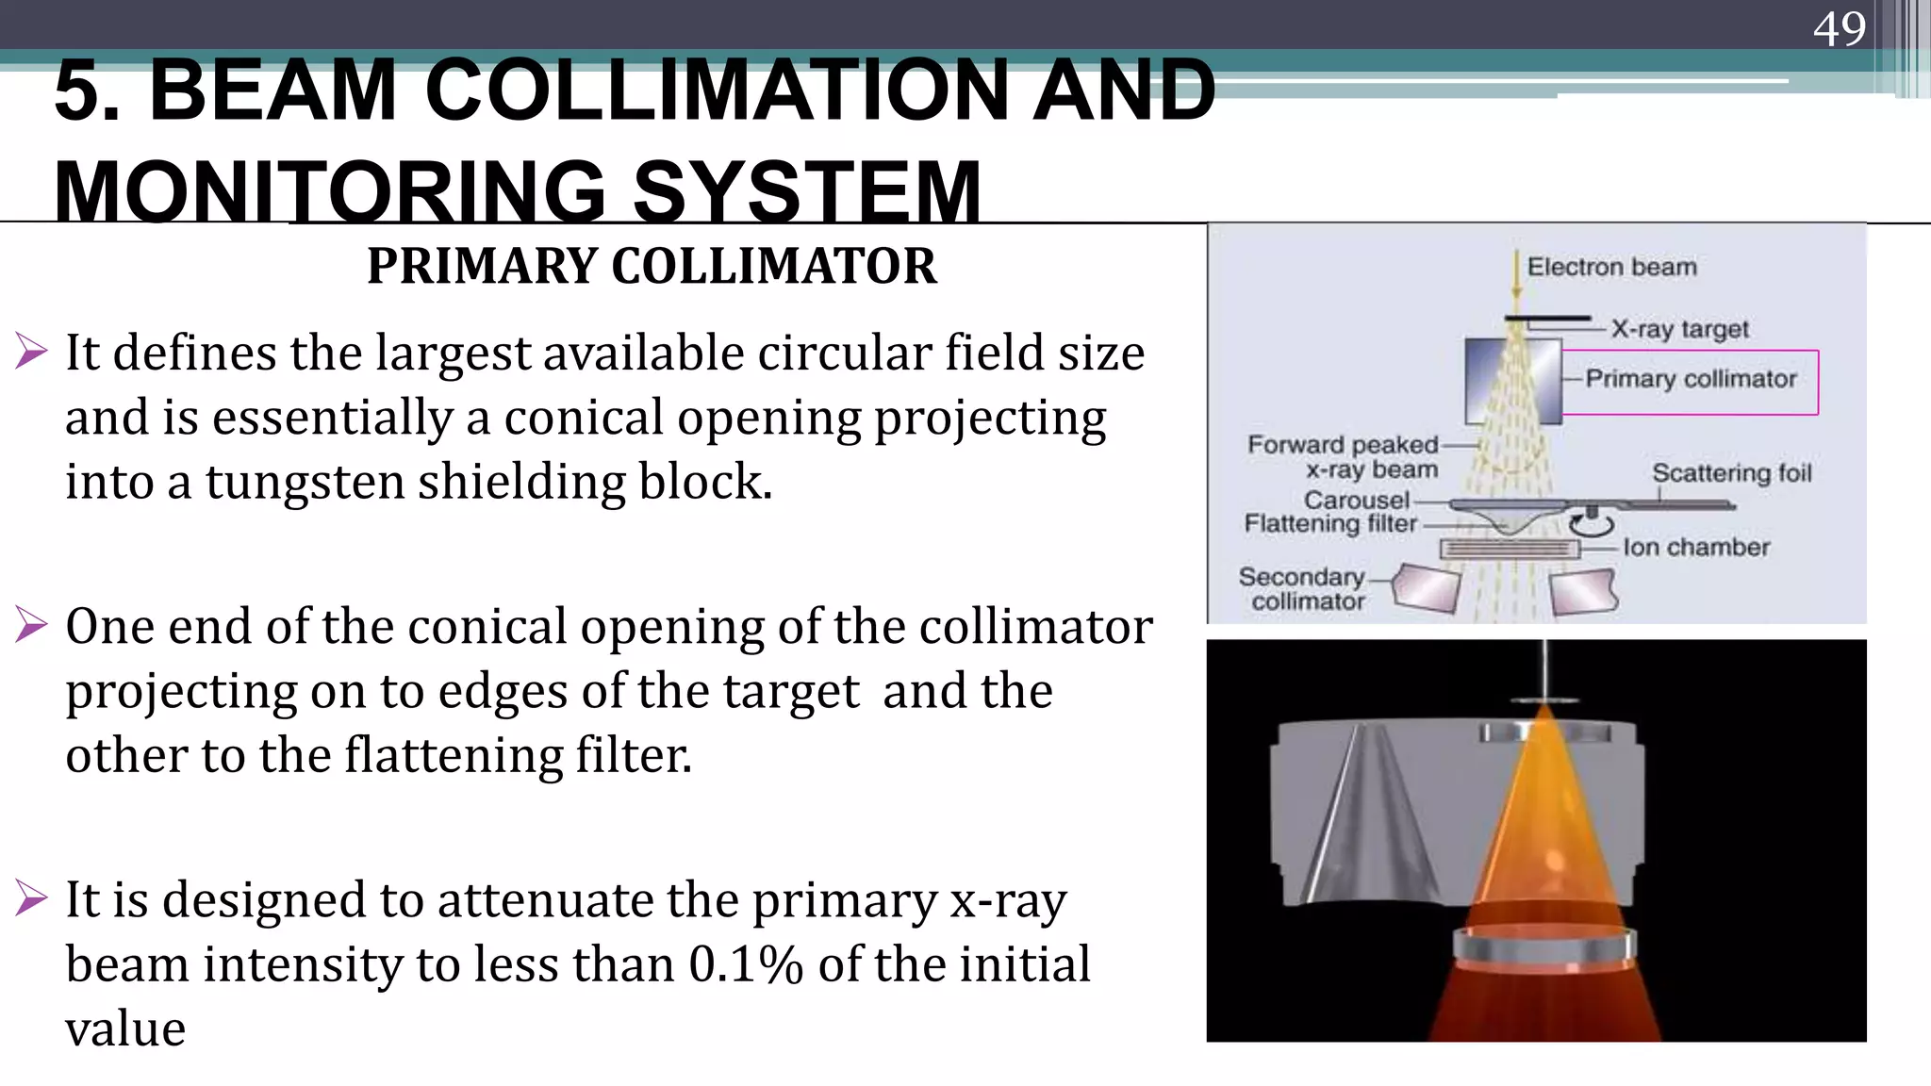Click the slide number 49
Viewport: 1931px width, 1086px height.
(1839, 28)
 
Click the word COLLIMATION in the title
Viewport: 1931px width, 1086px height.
(717, 90)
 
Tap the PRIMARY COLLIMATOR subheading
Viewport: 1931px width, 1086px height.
(652, 266)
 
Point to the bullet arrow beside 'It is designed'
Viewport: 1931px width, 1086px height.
(31, 897)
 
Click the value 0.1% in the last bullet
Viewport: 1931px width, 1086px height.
(746, 964)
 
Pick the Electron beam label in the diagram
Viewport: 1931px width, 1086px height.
(1611, 268)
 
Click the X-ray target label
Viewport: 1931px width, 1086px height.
(1679, 329)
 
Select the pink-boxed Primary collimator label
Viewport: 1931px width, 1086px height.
(1691, 379)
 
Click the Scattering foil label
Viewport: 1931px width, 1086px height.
(1731, 472)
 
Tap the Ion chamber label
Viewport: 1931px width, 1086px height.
(1695, 547)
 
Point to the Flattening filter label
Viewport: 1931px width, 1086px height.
(1330, 523)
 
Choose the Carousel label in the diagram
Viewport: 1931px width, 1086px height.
(1356, 500)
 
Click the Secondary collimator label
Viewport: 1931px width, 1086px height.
(1302, 589)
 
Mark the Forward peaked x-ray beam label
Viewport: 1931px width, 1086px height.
(1344, 457)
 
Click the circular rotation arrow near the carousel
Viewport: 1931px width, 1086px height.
(1592, 522)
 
